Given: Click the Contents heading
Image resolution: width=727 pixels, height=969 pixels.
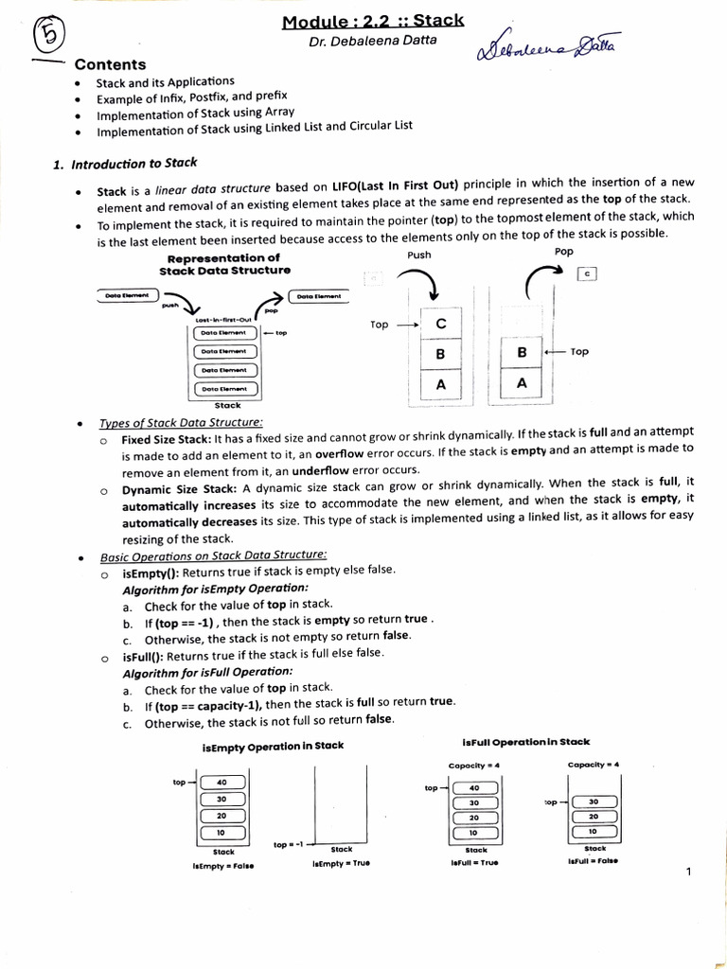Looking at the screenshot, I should pos(110,64).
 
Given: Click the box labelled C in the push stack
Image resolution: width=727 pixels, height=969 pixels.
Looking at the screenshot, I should pos(440,325).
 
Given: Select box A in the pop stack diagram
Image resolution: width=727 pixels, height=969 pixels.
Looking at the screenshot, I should pos(522,383).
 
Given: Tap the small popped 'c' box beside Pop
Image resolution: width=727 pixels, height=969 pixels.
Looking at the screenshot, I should pos(588,274).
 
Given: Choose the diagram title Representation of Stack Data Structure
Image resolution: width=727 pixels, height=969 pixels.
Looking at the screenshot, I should pos(223,264).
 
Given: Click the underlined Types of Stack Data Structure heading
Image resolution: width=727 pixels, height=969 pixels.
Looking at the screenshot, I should pos(181,422).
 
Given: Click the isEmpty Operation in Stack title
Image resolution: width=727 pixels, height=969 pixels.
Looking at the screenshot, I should pos(273,746).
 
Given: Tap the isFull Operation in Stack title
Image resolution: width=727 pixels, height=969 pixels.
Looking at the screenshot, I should pos(525,743).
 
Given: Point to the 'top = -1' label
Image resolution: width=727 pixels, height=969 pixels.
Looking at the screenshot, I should pos(287,844).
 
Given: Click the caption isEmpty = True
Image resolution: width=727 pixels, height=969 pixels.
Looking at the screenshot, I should pos(341,864).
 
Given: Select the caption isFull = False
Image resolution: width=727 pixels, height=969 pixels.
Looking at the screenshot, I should pos(594,861).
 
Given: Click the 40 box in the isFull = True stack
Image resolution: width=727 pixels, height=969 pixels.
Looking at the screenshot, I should pos(474,787).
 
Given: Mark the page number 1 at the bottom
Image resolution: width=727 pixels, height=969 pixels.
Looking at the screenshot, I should pos(688,872).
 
